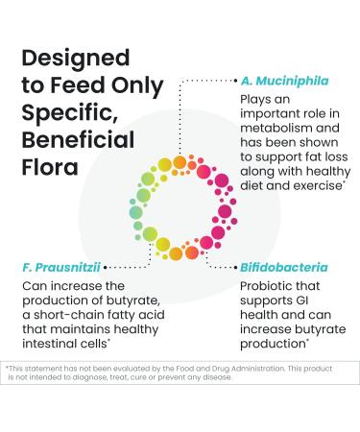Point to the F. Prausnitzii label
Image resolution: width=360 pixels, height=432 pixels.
click(60, 267)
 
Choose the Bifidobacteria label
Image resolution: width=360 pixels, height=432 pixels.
click(283, 267)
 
